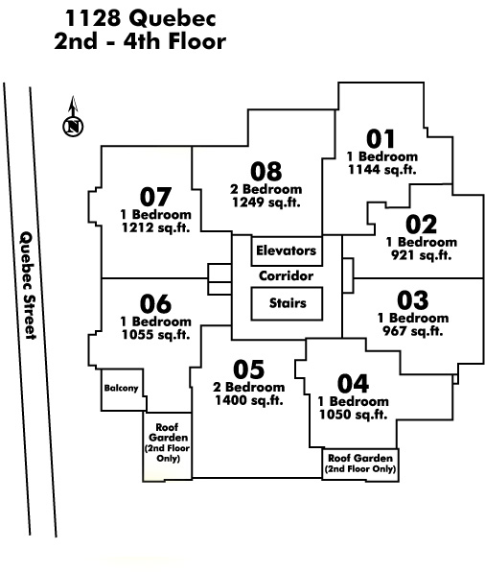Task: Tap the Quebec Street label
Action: click(x=28, y=285)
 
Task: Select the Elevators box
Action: click(x=287, y=251)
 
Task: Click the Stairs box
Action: click(x=287, y=303)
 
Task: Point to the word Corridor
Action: click(x=286, y=275)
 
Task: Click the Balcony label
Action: click(x=122, y=388)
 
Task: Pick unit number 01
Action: click(x=381, y=139)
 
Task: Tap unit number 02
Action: click(x=421, y=225)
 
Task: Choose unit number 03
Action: click(x=413, y=300)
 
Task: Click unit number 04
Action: click(x=353, y=383)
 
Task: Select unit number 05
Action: click(x=249, y=369)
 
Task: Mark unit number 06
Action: click(x=155, y=303)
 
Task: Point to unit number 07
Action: click(x=155, y=197)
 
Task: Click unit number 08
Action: click(x=266, y=171)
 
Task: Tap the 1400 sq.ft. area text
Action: click(x=249, y=400)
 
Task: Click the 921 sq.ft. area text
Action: click(x=422, y=255)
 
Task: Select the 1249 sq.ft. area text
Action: click(x=266, y=203)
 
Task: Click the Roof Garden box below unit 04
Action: click(x=360, y=465)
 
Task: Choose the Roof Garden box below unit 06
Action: click(x=167, y=447)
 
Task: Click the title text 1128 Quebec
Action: click(x=140, y=18)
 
